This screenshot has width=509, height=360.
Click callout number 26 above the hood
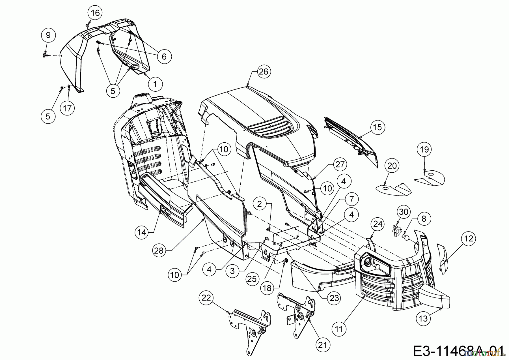263,72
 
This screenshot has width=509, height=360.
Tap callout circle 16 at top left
95,12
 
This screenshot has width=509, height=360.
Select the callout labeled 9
48,35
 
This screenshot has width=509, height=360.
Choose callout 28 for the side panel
159,251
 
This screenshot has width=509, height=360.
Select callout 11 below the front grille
339,329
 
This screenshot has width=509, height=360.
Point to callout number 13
423,318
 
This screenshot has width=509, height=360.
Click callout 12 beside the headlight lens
468,239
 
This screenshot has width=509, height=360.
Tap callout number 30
404,212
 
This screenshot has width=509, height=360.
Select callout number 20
392,166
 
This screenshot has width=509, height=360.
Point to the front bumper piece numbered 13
433,297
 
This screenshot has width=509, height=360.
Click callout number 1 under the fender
155,83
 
